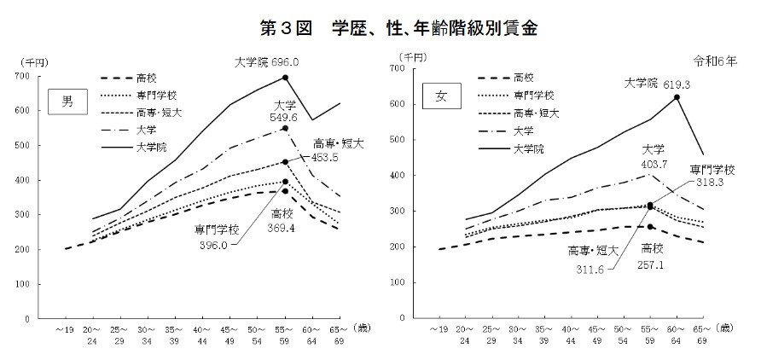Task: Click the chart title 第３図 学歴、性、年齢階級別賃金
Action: [x=380, y=28]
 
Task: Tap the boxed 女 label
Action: [x=442, y=90]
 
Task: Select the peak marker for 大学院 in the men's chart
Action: [x=285, y=78]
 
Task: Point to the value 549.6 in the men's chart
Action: [x=285, y=117]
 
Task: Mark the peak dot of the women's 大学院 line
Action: [x=677, y=97]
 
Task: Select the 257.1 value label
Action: [x=655, y=266]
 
